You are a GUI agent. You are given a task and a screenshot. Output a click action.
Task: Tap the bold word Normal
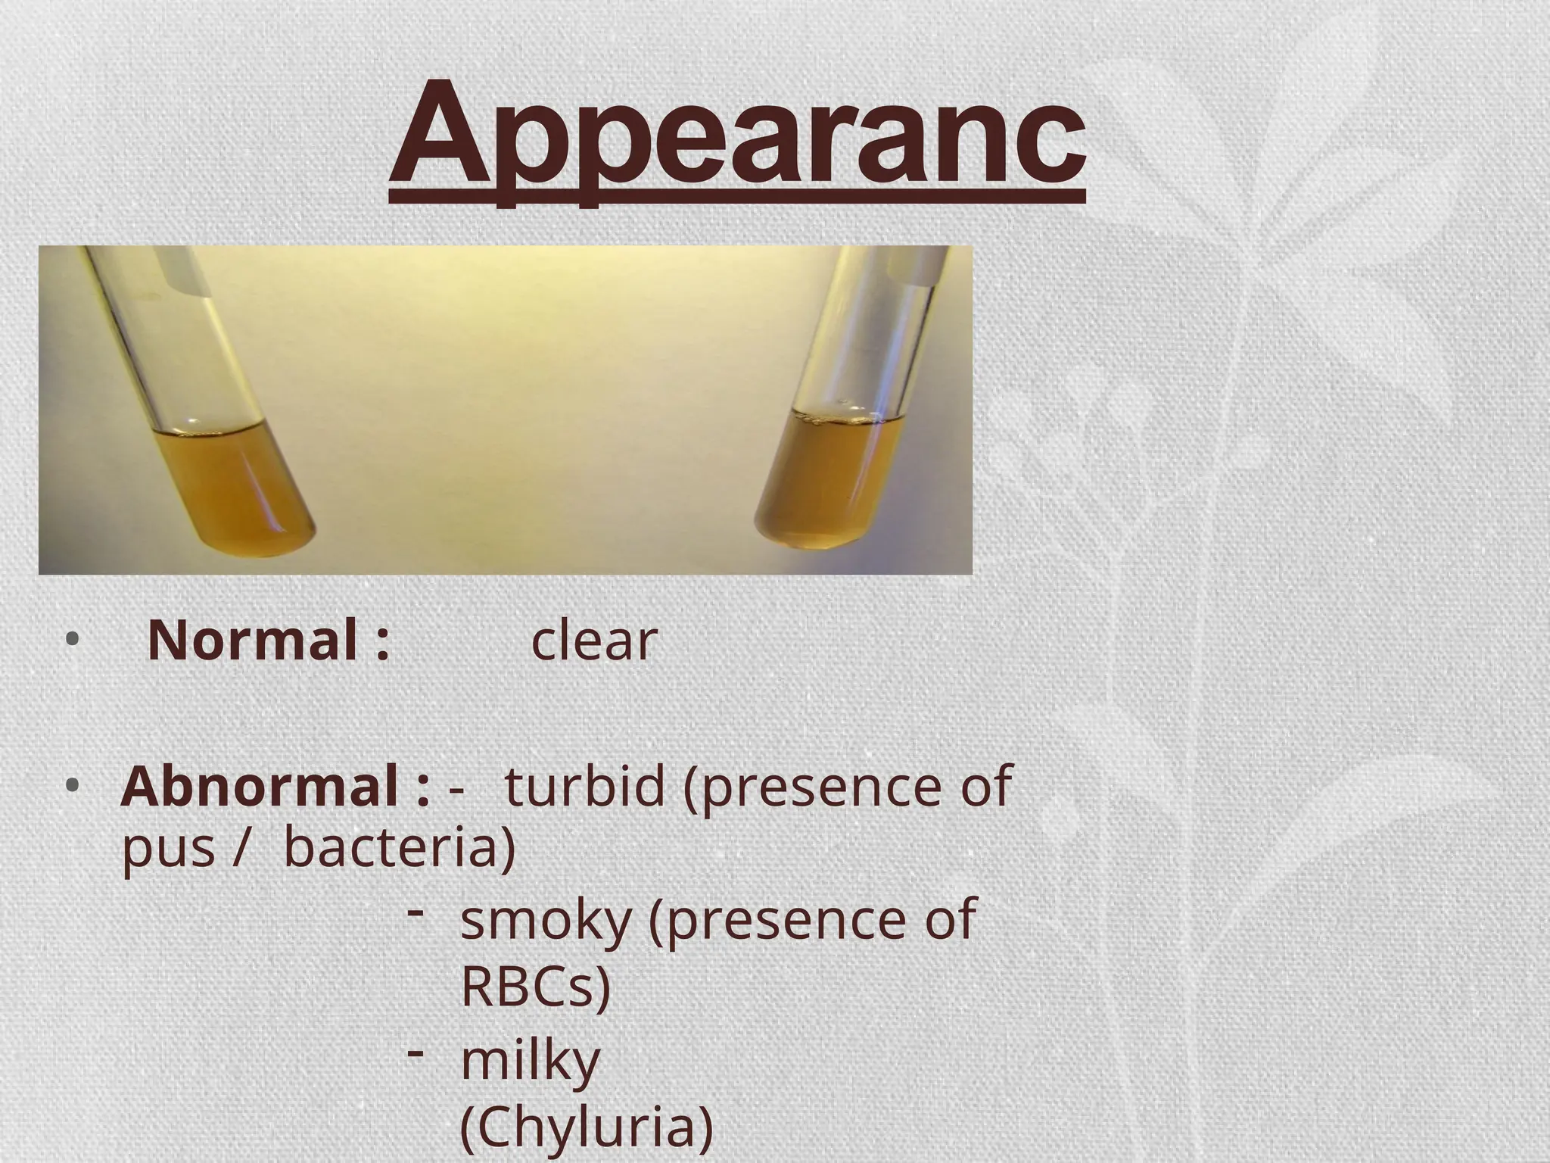pyautogui.click(x=253, y=641)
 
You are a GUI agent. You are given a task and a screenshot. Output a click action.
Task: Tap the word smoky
pyautogui.click(x=545, y=920)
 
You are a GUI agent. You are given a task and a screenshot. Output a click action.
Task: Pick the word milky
pyautogui.click(x=530, y=1061)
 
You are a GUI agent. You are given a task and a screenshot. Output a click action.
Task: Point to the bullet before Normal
pyautogui.click(x=71, y=641)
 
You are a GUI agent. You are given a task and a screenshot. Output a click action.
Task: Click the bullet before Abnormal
pyautogui.click(x=71, y=787)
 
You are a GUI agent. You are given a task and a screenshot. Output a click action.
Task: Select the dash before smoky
pyautogui.click(x=414, y=912)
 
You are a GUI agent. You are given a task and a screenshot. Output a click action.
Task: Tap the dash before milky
pyautogui.click(x=414, y=1052)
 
